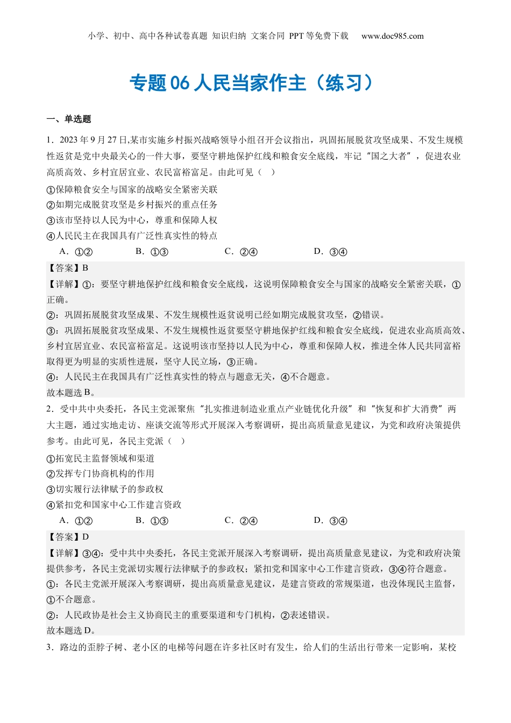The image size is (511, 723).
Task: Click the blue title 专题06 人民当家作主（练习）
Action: (x=251, y=83)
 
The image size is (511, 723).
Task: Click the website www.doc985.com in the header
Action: (x=392, y=36)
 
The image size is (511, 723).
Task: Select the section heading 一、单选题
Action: (x=69, y=119)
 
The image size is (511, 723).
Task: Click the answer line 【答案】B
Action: (x=68, y=268)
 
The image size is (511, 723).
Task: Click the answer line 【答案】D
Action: (x=68, y=537)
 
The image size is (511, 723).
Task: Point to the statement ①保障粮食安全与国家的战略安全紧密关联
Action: (x=132, y=189)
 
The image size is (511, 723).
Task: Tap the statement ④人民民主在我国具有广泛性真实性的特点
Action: (x=132, y=236)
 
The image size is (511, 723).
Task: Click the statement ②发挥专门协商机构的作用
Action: (x=101, y=473)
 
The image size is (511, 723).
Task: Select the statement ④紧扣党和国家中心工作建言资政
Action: (x=114, y=505)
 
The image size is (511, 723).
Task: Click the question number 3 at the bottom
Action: (x=49, y=647)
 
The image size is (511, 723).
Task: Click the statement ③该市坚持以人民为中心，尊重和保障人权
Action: (x=132, y=220)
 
